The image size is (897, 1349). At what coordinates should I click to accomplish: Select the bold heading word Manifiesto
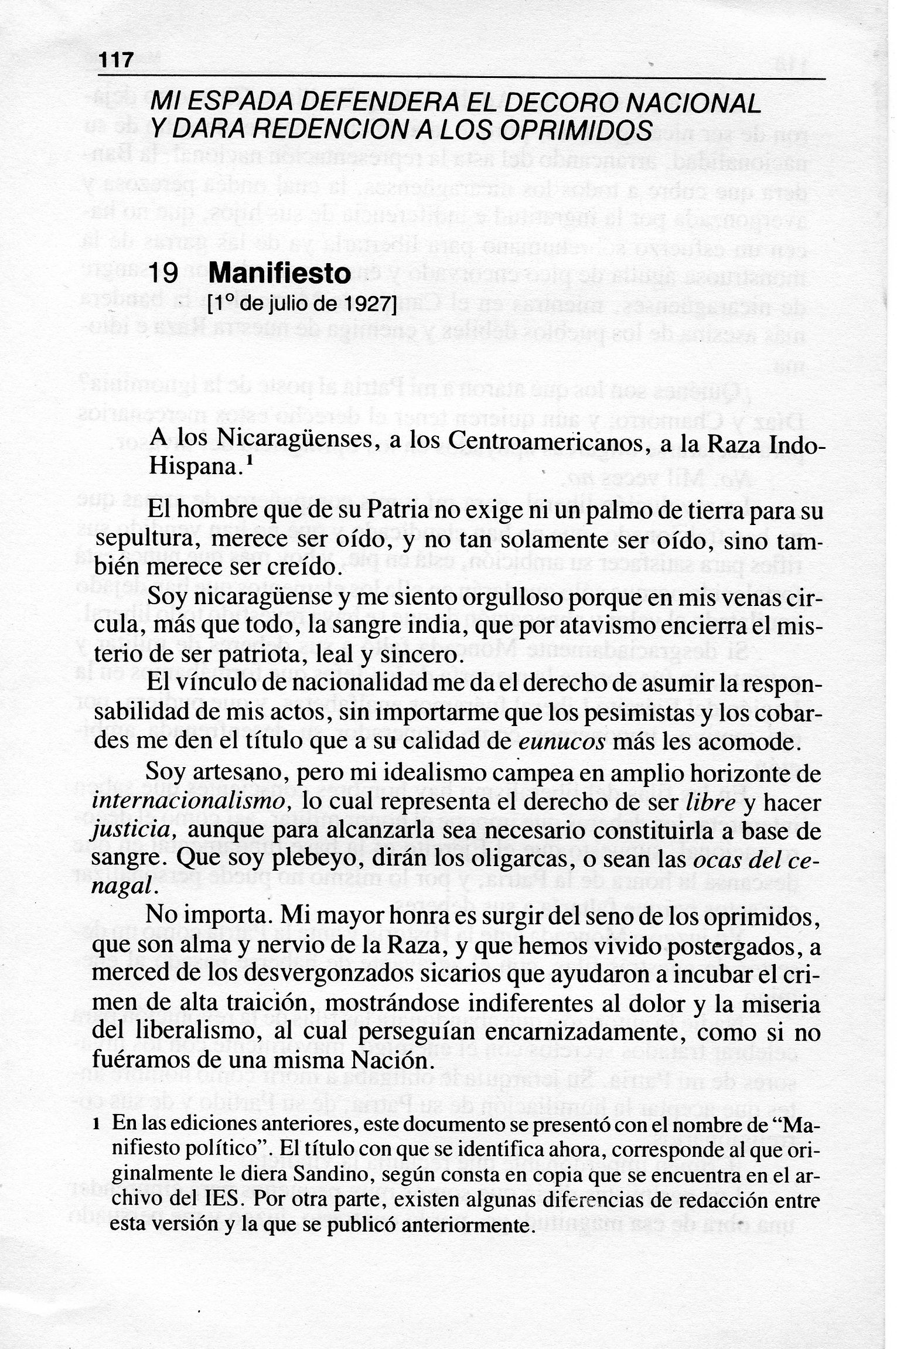click(279, 274)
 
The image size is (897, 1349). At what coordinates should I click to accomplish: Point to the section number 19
click(163, 274)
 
